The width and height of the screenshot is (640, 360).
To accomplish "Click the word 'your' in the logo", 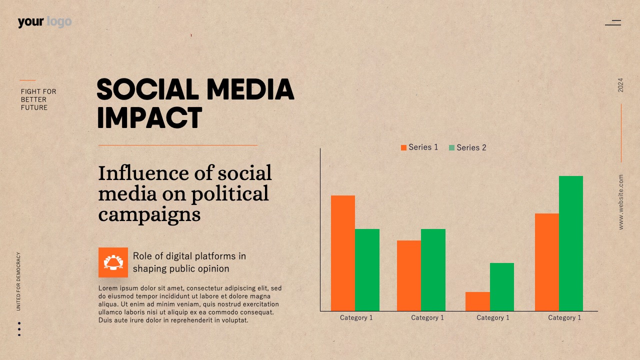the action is pyautogui.click(x=31, y=22).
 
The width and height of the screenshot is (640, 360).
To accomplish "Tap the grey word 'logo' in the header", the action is pyautogui.click(x=59, y=22).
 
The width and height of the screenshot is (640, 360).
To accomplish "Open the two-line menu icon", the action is pyautogui.click(x=613, y=23).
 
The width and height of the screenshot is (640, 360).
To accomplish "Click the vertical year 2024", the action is pyautogui.click(x=620, y=85).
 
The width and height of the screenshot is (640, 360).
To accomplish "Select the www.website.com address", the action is pyautogui.click(x=620, y=202).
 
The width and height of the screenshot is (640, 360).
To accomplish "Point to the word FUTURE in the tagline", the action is pyautogui.click(x=34, y=107).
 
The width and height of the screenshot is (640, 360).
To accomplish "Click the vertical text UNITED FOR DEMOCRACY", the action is pyautogui.click(x=18, y=281).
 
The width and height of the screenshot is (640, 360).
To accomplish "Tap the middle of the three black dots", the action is pyautogui.click(x=19, y=329).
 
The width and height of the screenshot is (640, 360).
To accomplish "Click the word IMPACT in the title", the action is pyautogui.click(x=149, y=117).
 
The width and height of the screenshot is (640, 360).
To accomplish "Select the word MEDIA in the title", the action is pyautogui.click(x=250, y=89).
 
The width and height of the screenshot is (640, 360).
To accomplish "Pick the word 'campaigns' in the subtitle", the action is pyautogui.click(x=149, y=215).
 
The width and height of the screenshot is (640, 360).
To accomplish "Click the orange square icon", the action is pyautogui.click(x=113, y=262).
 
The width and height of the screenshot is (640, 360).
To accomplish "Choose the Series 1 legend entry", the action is pyautogui.click(x=419, y=147).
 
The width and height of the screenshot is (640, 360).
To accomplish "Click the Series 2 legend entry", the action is pyautogui.click(x=467, y=147).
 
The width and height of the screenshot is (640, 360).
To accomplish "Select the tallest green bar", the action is pyautogui.click(x=571, y=243).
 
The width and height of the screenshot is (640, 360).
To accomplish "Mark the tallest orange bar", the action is pyautogui.click(x=343, y=253).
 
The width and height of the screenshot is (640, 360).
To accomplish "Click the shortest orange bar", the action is pyautogui.click(x=477, y=301).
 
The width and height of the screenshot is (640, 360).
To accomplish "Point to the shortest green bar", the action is pyautogui.click(x=501, y=287).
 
